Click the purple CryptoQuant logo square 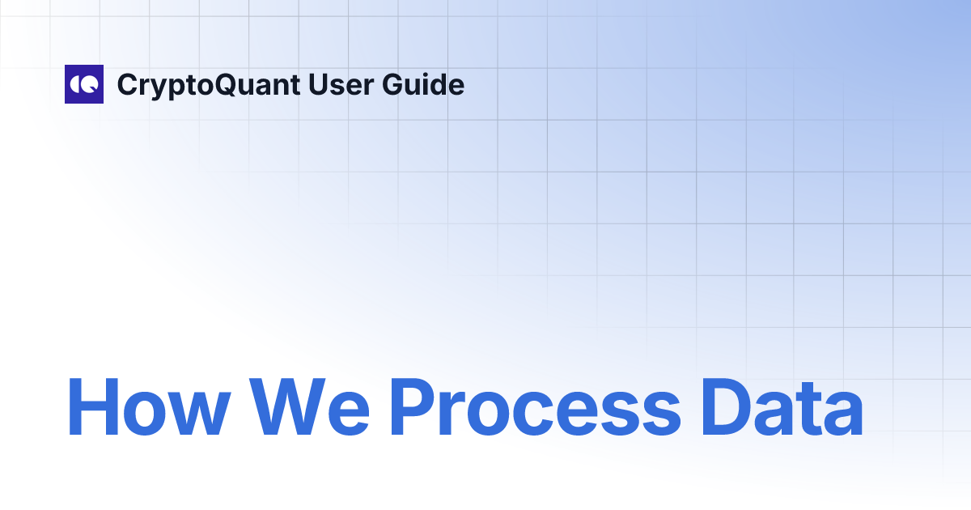84,84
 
